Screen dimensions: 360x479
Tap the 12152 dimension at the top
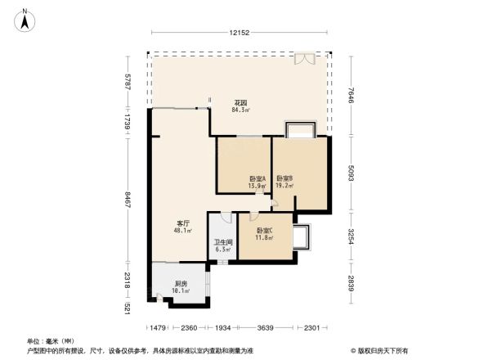(x=239, y=32)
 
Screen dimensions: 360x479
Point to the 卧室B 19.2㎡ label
(x=284, y=182)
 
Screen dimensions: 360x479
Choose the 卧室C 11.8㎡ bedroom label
(x=264, y=235)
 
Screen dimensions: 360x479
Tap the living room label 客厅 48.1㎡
(x=183, y=227)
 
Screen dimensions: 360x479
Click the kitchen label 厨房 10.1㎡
(x=181, y=287)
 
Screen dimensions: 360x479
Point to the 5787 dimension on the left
(x=128, y=83)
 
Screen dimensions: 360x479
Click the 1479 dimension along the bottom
(x=160, y=328)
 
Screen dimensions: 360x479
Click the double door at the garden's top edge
(x=304, y=59)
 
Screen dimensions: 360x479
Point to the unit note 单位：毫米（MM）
(x=51, y=340)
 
